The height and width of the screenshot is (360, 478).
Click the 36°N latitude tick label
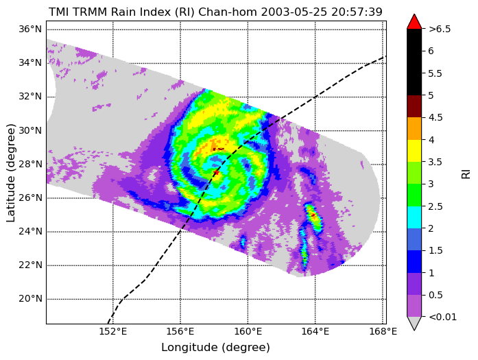click(x=29, y=29)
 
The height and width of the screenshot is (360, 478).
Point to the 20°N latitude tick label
click(x=29, y=299)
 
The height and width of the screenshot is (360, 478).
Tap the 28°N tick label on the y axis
click(x=29, y=164)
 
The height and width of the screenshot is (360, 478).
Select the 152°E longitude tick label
click(x=112, y=331)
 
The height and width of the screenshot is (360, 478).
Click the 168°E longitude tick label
click(x=383, y=331)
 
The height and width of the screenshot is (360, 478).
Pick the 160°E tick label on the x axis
click(x=248, y=331)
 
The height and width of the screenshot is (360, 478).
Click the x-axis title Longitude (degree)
click(x=215, y=347)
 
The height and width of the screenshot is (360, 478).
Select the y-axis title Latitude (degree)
click(x=10, y=173)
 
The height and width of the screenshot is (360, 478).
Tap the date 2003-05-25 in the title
click(x=294, y=12)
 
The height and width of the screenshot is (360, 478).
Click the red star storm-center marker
click(x=216, y=173)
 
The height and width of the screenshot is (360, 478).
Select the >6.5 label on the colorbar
click(x=440, y=29)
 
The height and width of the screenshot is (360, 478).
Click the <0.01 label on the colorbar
click(x=442, y=317)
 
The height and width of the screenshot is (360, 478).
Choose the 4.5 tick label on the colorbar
click(x=435, y=117)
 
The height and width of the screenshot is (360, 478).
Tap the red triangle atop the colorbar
click(x=414, y=22)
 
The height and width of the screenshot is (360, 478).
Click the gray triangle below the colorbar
click(x=414, y=322)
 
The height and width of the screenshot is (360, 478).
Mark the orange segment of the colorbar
click(x=414, y=129)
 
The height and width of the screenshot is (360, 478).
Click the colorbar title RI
click(x=466, y=173)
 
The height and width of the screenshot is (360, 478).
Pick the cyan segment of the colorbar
click(x=414, y=217)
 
